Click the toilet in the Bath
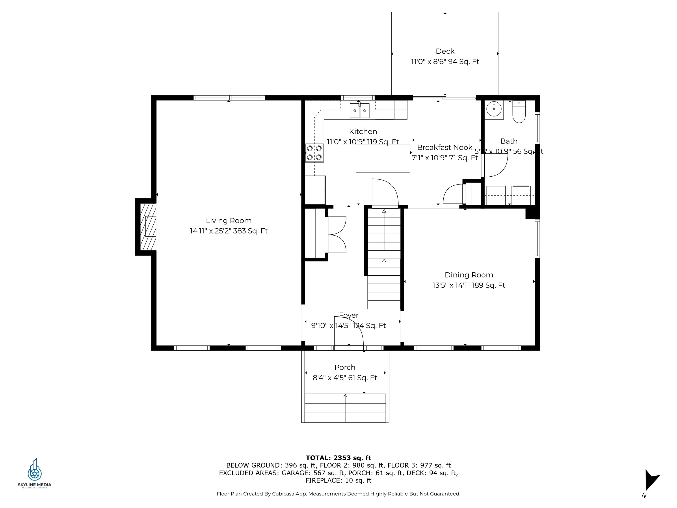(x=519, y=113)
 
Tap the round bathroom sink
(x=494, y=109)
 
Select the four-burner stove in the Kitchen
(x=314, y=153)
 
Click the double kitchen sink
(x=360, y=110)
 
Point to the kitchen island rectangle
(x=383, y=158)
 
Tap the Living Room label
(x=229, y=220)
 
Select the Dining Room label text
(x=469, y=275)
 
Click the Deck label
(x=445, y=51)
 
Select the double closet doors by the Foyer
(x=337, y=235)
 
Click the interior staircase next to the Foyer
(x=384, y=259)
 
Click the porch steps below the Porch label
(x=345, y=408)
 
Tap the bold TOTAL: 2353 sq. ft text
(x=338, y=458)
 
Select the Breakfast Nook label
(x=445, y=148)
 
